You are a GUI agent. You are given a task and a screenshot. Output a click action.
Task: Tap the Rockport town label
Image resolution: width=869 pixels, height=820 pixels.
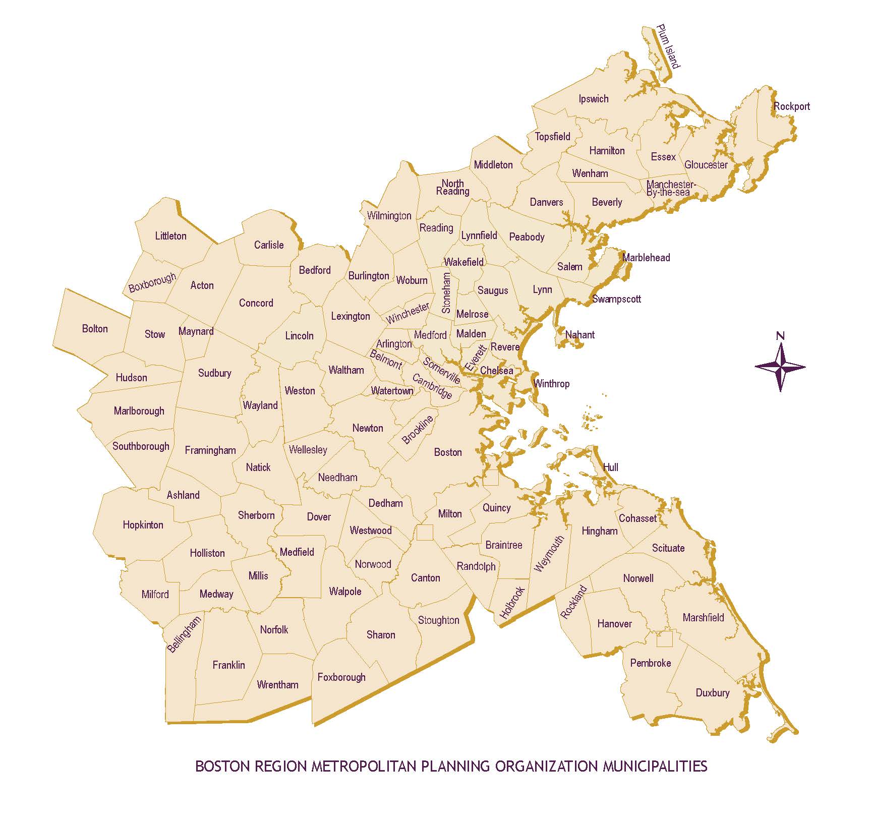click(x=791, y=106)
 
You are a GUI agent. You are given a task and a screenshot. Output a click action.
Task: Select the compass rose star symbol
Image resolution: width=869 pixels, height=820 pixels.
click(x=780, y=367)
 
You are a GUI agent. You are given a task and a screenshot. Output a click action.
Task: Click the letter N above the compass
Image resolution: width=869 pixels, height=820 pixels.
click(x=780, y=336)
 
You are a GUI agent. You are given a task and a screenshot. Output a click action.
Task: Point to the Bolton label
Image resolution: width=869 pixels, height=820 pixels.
click(x=95, y=329)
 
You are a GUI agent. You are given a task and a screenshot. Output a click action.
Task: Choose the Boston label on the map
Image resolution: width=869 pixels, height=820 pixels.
click(x=448, y=452)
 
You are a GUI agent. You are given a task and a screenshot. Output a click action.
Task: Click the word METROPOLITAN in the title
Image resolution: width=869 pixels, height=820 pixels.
click(x=363, y=766)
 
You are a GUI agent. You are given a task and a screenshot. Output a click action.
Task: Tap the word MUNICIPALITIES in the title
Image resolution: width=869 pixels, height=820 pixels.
click(x=655, y=766)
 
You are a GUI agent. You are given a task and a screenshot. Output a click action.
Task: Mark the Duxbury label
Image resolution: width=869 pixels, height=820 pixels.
click(x=712, y=693)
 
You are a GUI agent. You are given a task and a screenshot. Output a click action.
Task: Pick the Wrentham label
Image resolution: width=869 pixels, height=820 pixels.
click(x=277, y=685)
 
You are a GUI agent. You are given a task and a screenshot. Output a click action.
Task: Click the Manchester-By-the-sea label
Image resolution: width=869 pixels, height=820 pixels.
click(x=670, y=188)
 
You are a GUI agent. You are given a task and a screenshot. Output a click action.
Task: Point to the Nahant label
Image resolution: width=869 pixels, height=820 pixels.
click(x=580, y=335)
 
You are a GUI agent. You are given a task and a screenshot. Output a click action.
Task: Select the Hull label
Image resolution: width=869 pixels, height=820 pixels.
click(x=610, y=467)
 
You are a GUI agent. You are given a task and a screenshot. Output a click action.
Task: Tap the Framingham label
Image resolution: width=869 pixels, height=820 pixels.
click(x=210, y=450)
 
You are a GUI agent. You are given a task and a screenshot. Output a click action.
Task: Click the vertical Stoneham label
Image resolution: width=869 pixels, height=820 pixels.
click(x=446, y=293)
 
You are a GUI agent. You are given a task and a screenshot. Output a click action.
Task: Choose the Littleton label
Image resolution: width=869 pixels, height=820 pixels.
click(x=170, y=236)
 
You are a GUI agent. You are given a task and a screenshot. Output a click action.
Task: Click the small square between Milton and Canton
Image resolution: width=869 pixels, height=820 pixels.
click(x=425, y=533)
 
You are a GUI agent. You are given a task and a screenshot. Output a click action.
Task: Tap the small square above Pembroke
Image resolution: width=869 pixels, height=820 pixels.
click(x=664, y=639)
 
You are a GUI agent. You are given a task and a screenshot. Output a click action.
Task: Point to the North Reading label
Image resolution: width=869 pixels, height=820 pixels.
click(x=452, y=187)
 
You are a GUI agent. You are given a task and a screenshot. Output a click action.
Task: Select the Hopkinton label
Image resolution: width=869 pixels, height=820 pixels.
click(x=143, y=525)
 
